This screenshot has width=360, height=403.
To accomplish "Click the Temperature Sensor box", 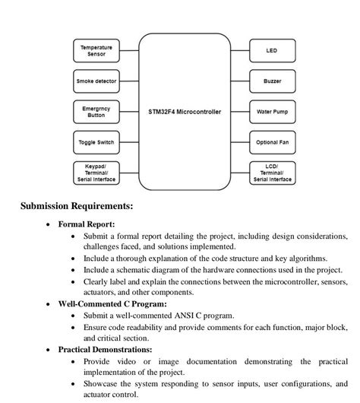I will tap(96, 51).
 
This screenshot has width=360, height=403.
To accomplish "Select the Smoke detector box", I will tap(96, 81).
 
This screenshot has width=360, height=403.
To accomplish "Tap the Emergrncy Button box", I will tap(96, 112).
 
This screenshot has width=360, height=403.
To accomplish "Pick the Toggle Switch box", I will tap(96, 142).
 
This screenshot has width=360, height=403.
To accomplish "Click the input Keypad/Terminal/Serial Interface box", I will tap(96, 173).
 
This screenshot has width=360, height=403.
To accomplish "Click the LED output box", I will tap(271, 51).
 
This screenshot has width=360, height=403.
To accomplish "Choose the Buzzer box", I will tap(271, 81).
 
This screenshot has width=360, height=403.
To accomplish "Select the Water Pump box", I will tap(271, 112).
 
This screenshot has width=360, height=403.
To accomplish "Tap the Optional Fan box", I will tap(271, 142).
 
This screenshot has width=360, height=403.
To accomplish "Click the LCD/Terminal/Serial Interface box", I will tap(271, 173).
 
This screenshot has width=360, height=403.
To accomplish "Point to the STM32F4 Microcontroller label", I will tap(184, 112).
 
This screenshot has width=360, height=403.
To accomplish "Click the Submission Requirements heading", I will tap(77, 206).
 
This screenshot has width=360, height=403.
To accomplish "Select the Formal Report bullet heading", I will tap(87, 224).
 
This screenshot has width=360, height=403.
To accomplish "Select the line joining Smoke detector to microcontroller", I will tap(129, 81).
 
